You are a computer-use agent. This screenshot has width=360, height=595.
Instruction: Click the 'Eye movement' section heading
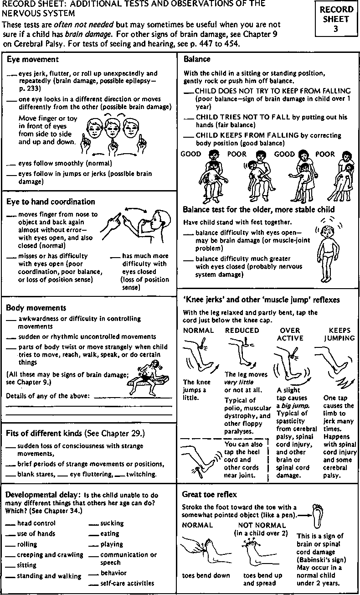pos(32,59)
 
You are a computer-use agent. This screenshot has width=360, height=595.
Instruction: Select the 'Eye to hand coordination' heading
pos(51,202)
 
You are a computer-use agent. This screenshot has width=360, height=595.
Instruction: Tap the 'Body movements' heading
pos(36,308)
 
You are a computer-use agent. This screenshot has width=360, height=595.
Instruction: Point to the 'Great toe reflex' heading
pos(209,494)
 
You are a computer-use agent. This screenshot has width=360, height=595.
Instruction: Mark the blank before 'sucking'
pos(93,524)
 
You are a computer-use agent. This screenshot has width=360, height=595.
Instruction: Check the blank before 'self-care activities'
pos(93,584)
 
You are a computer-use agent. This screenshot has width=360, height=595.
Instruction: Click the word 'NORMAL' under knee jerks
pos(198,331)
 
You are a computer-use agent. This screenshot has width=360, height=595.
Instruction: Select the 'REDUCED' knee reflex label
pos(242,331)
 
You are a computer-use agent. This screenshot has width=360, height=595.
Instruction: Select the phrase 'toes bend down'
pos(206,575)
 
